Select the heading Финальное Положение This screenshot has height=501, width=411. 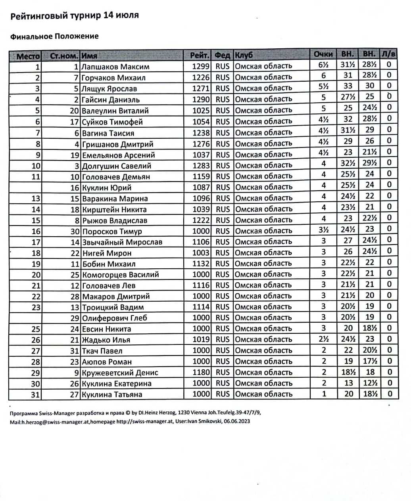tap(54, 36)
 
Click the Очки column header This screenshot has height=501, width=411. tap(323, 54)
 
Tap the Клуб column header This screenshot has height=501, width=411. tap(244, 55)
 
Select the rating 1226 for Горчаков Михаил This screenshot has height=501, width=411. tap(201, 77)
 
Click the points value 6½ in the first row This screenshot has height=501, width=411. tap(323, 65)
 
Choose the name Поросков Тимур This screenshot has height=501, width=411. tap(112, 231)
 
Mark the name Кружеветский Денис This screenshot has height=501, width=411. tap(120, 373)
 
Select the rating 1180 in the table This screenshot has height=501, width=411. tap(201, 373)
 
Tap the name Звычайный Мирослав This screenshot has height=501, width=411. tap(122, 242)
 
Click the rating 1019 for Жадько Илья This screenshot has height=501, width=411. tap(201, 340)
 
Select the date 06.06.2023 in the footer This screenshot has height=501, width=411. tap(237, 422)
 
